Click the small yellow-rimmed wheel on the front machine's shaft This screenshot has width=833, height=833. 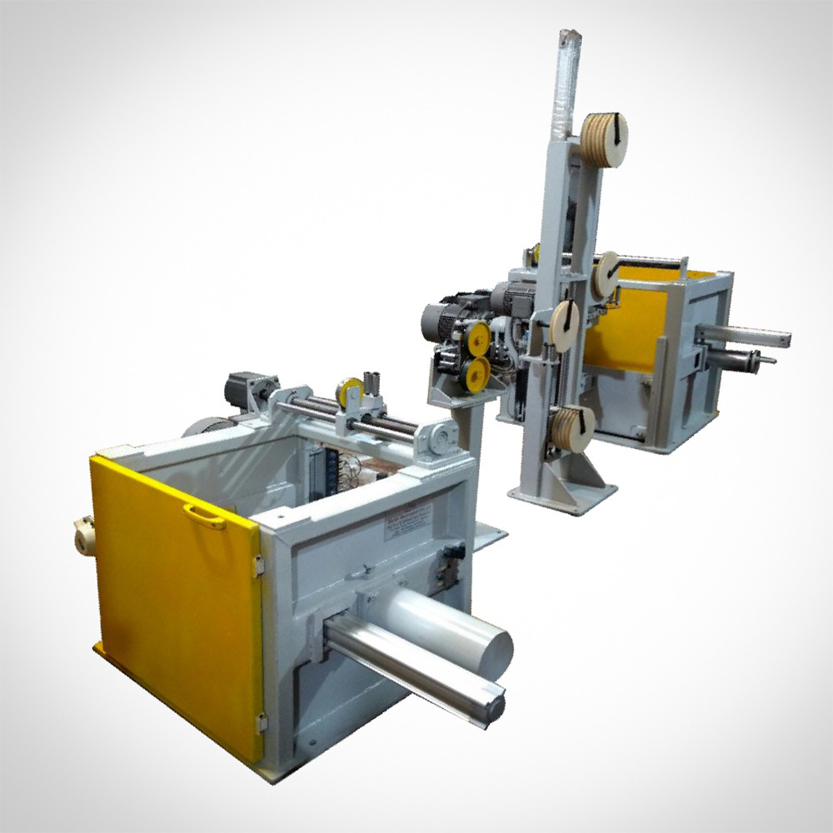tap(345, 392)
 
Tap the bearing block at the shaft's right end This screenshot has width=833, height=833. tap(438, 434)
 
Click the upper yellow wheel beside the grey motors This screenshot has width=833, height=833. tap(477, 335)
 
